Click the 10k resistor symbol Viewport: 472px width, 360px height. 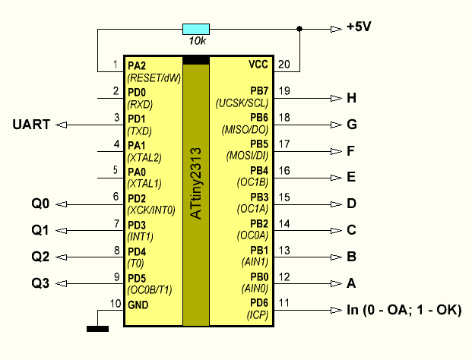coord(196,30)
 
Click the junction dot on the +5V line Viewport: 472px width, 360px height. coord(299,30)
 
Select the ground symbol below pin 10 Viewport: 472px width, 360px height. coord(97,328)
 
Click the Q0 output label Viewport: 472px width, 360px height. coord(40,204)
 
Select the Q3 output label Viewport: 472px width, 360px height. coord(40,283)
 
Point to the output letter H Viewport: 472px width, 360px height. coord(351,98)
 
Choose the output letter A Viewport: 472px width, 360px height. coord(351,283)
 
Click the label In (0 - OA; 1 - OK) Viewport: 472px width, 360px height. coord(404,310)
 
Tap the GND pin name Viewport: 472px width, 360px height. coord(138,305)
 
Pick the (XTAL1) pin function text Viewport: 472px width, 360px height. coord(144,183)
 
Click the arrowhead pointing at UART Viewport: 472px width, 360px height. coord(63,125)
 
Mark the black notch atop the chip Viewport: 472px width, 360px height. coord(195,60)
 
